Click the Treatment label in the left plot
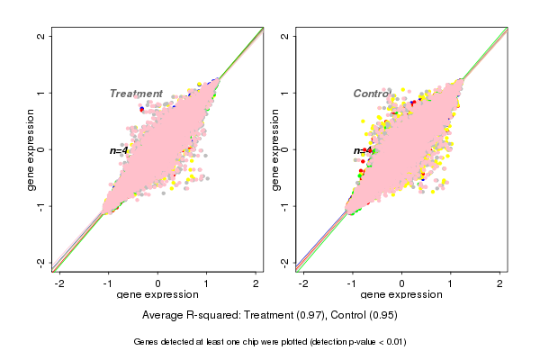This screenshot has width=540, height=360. click(x=136, y=94)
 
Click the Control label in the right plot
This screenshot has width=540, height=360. click(x=372, y=94)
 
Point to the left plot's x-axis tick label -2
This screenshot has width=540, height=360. click(x=60, y=283)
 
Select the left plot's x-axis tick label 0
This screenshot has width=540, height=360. click(x=158, y=283)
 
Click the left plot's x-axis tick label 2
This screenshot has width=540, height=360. click(x=256, y=283)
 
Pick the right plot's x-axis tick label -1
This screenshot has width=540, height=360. click(x=353, y=283)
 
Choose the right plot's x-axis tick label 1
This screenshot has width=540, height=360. click(x=451, y=283)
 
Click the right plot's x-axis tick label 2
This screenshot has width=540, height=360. click(x=500, y=283)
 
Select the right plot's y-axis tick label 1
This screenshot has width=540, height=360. click(x=285, y=93)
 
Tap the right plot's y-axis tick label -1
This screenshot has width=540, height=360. click(x=285, y=206)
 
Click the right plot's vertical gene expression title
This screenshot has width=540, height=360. click(x=274, y=149)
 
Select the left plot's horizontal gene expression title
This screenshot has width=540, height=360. click(x=158, y=295)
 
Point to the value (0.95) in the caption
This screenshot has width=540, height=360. click(x=383, y=316)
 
